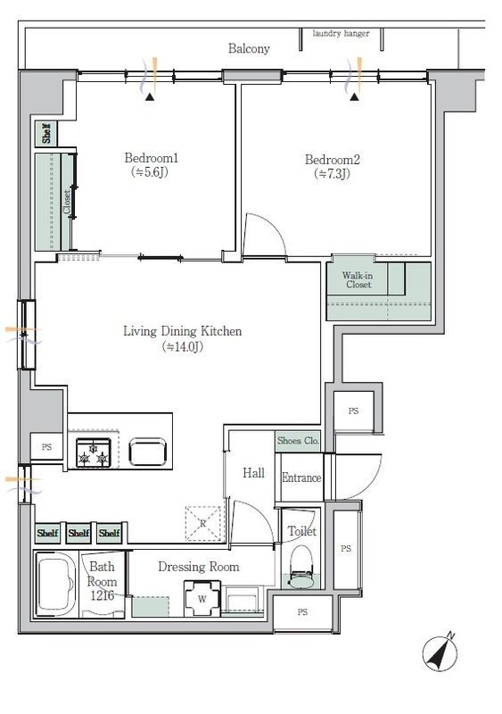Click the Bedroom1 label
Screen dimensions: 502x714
click(x=151, y=158)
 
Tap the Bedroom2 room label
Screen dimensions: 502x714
click(x=333, y=160)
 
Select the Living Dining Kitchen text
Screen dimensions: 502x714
click(x=183, y=331)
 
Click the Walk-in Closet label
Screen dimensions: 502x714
click(x=358, y=280)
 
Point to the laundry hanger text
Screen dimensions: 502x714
click(x=341, y=34)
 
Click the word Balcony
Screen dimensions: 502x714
click(x=249, y=49)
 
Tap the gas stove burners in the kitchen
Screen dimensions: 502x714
click(x=94, y=452)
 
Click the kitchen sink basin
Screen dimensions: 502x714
click(x=147, y=452)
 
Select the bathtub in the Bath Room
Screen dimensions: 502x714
click(x=56, y=585)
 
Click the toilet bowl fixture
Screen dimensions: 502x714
click(x=301, y=568)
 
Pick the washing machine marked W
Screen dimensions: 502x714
click(x=202, y=598)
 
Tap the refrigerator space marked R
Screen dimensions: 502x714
click(x=203, y=524)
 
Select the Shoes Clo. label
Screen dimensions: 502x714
click(x=298, y=441)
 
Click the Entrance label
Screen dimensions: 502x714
click(x=301, y=477)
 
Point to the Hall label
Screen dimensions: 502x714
click(x=253, y=473)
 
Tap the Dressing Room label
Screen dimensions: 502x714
click(x=199, y=567)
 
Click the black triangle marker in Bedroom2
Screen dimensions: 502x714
click(x=355, y=96)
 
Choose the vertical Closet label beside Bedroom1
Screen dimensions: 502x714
click(x=67, y=202)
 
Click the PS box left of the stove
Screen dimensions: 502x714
click(x=46, y=447)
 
